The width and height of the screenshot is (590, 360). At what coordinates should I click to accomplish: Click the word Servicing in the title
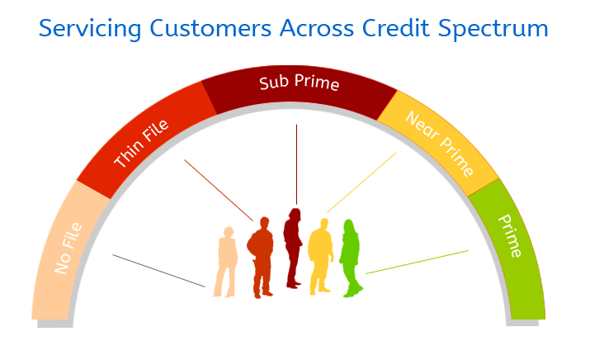pos(90,29)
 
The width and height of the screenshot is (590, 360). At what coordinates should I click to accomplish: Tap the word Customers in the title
pos(210,28)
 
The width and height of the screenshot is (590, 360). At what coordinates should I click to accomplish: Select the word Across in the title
pos(316,28)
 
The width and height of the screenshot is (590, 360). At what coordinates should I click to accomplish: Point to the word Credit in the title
pos(396,27)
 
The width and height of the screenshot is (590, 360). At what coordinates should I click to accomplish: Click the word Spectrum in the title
pos(493,29)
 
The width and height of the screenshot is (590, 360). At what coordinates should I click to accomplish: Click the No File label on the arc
pos(68,249)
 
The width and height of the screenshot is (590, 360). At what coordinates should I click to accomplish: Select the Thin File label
pos(141,143)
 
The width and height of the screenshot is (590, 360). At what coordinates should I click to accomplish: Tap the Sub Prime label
pos(300,83)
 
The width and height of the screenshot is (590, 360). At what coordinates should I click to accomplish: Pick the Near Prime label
pos(439,144)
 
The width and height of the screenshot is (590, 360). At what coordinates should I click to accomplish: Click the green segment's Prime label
pos(510,235)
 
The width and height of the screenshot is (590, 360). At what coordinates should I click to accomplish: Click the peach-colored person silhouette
pos(225,262)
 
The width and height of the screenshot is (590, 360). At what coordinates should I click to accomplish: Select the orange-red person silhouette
pos(261,258)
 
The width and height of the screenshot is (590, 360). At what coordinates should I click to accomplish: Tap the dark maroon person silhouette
pos(293,249)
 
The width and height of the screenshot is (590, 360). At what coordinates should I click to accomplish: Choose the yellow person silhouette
pos(321,257)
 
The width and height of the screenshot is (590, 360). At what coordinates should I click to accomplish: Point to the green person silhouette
pos(351,258)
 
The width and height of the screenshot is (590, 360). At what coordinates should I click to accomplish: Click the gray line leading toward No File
pos(158,271)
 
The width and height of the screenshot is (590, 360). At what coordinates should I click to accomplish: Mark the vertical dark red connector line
pos(296,164)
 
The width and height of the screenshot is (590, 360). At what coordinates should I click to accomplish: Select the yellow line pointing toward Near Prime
pos(362,182)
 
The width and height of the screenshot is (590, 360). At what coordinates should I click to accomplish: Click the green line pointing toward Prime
pos(418,262)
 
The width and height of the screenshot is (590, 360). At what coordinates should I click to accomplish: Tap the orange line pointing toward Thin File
pos(219,190)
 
